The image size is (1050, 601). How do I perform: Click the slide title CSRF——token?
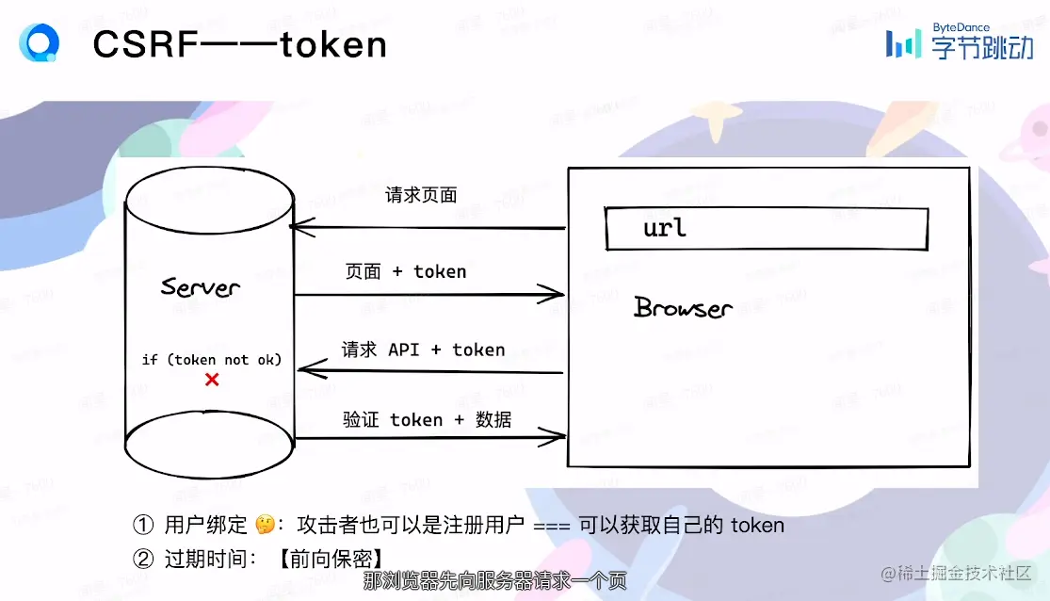click(239, 44)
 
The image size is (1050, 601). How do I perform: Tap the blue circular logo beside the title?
click(40, 42)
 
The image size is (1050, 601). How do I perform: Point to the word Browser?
click(683, 308)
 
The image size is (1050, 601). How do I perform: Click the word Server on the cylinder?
click(200, 287)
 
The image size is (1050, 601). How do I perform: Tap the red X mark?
click(212, 380)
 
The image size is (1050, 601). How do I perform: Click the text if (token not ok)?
click(212, 359)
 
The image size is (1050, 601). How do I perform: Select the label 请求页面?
click(421, 195)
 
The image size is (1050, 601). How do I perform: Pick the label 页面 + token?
click(405, 271)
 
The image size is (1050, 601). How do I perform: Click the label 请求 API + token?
click(423, 349)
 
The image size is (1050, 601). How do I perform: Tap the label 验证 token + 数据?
click(427, 419)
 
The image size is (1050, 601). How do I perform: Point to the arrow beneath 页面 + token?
click(428, 296)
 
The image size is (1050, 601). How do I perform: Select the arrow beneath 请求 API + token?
click(429, 373)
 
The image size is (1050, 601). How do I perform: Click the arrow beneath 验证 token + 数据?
click(429, 436)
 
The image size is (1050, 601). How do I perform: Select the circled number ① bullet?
click(143, 525)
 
